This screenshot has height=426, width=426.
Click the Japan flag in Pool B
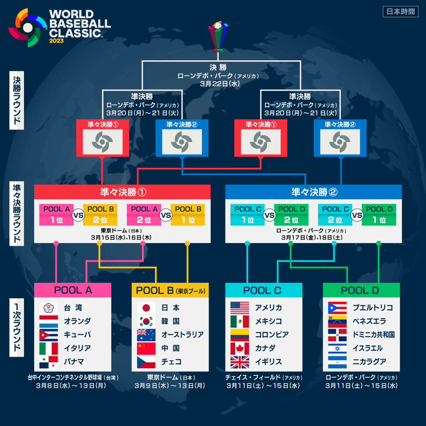pyautogui.click(x=146, y=308)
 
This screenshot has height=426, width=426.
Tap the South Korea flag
pyautogui.click(x=146, y=321)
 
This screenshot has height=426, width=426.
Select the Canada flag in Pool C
pyautogui.click(x=240, y=348)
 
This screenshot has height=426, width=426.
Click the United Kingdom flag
pyautogui.click(x=240, y=362)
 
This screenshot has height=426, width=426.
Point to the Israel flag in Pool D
pyautogui.click(x=337, y=348)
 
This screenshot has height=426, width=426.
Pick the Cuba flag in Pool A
pyautogui.click(x=49, y=335)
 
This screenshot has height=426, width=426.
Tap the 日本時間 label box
pyautogui.click(x=400, y=12)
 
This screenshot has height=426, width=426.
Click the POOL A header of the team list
pyautogui.click(x=73, y=290)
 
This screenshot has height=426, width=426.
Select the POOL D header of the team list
pyautogui.click(x=361, y=290)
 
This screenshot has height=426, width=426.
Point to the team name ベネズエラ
pyautogui.click(x=369, y=321)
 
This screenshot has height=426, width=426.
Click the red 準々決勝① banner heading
pyautogui.click(x=122, y=192)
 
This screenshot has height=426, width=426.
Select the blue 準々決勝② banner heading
pyautogui.click(x=314, y=192)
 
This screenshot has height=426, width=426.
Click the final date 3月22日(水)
pyautogui.click(x=217, y=83)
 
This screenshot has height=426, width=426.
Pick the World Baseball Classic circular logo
pyautogui.click(x=28, y=28)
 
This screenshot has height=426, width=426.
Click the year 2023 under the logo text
pyautogui.click(x=56, y=41)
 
